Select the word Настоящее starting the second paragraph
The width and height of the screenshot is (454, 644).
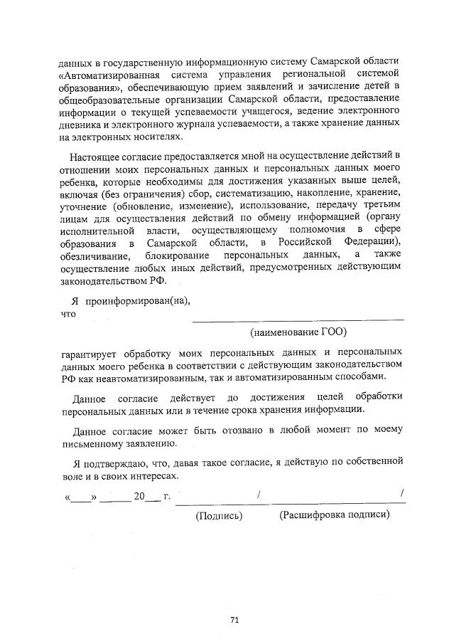click(93, 156)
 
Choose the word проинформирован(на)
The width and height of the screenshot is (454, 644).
click(137, 300)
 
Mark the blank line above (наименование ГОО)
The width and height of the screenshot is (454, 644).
click(298, 319)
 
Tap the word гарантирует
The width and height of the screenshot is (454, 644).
click(90, 352)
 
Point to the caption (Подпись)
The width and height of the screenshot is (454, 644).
click(219, 516)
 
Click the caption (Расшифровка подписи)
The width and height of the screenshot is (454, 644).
click(335, 515)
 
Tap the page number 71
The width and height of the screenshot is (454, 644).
click(234, 620)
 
